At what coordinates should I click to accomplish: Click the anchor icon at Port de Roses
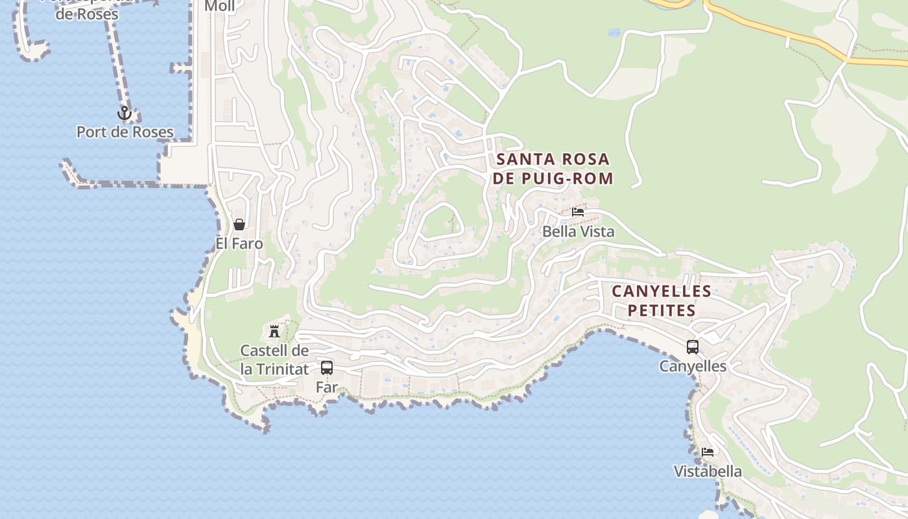(x=124, y=114)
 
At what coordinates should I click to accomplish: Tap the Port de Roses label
(x=125, y=132)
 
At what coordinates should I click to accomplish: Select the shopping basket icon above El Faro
(x=239, y=224)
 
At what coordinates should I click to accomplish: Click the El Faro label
(x=239, y=244)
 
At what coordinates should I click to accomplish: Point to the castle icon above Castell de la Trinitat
(x=274, y=331)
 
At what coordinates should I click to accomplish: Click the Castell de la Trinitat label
(x=274, y=360)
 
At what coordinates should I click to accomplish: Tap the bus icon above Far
(x=327, y=368)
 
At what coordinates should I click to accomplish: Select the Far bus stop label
(x=327, y=387)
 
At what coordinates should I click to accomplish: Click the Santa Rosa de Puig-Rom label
(x=553, y=169)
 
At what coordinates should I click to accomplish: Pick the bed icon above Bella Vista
(x=578, y=212)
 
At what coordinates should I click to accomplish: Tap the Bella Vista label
(x=578, y=232)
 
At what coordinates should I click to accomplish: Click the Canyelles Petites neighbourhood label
(x=662, y=300)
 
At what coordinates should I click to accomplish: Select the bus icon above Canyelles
(x=693, y=347)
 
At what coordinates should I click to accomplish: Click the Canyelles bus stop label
(x=693, y=367)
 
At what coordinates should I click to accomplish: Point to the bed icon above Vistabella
(x=708, y=452)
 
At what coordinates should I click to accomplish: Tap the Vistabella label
(x=708, y=472)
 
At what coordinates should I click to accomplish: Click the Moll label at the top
(x=219, y=6)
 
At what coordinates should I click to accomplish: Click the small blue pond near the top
(x=614, y=32)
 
